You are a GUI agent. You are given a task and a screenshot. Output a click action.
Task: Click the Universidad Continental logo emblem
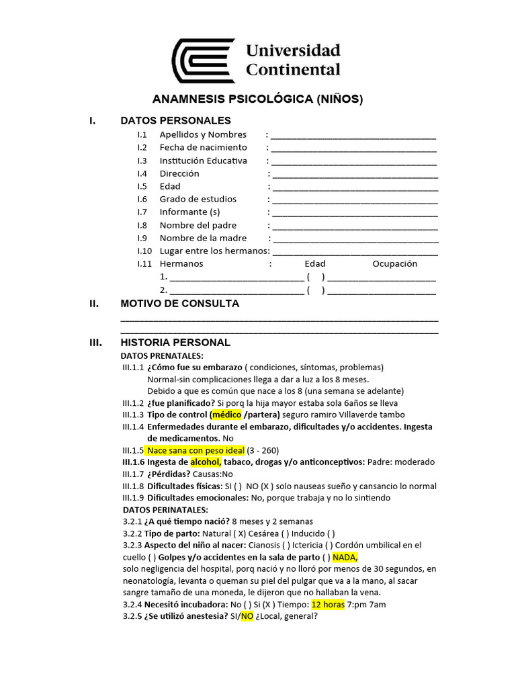[x=203, y=60]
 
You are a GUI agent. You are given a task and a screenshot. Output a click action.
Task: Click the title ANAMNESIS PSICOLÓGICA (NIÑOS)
[x=257, y=99]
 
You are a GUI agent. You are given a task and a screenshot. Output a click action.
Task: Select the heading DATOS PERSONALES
[x=175, y=121]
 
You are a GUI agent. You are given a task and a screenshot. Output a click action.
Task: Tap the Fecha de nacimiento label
[x=203, y=147]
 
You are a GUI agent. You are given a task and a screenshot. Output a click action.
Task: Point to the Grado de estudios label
[x=198, y=199]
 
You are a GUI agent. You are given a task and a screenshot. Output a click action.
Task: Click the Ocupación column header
[x=395, y=264]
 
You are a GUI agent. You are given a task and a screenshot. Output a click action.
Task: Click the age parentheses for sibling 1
[x=316, y=277]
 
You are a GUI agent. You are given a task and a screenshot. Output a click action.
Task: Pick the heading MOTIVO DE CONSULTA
[x=179, y=304]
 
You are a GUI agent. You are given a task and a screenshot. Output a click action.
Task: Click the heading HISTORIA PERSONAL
[x=175, y=343]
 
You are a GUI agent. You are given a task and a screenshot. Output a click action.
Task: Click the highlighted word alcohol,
[x=206, y=462]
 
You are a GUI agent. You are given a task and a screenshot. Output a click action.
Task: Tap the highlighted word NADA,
[x=345, y=557]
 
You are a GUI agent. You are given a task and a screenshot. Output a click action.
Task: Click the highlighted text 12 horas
[x=328, y=604]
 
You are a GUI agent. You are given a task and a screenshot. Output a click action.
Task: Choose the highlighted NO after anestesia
[x=247, y=615]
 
